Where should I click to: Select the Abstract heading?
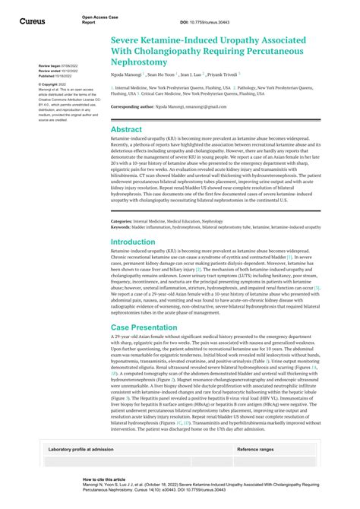126,129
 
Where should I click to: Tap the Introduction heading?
133,242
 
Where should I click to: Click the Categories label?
123,221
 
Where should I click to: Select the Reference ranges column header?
256,450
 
